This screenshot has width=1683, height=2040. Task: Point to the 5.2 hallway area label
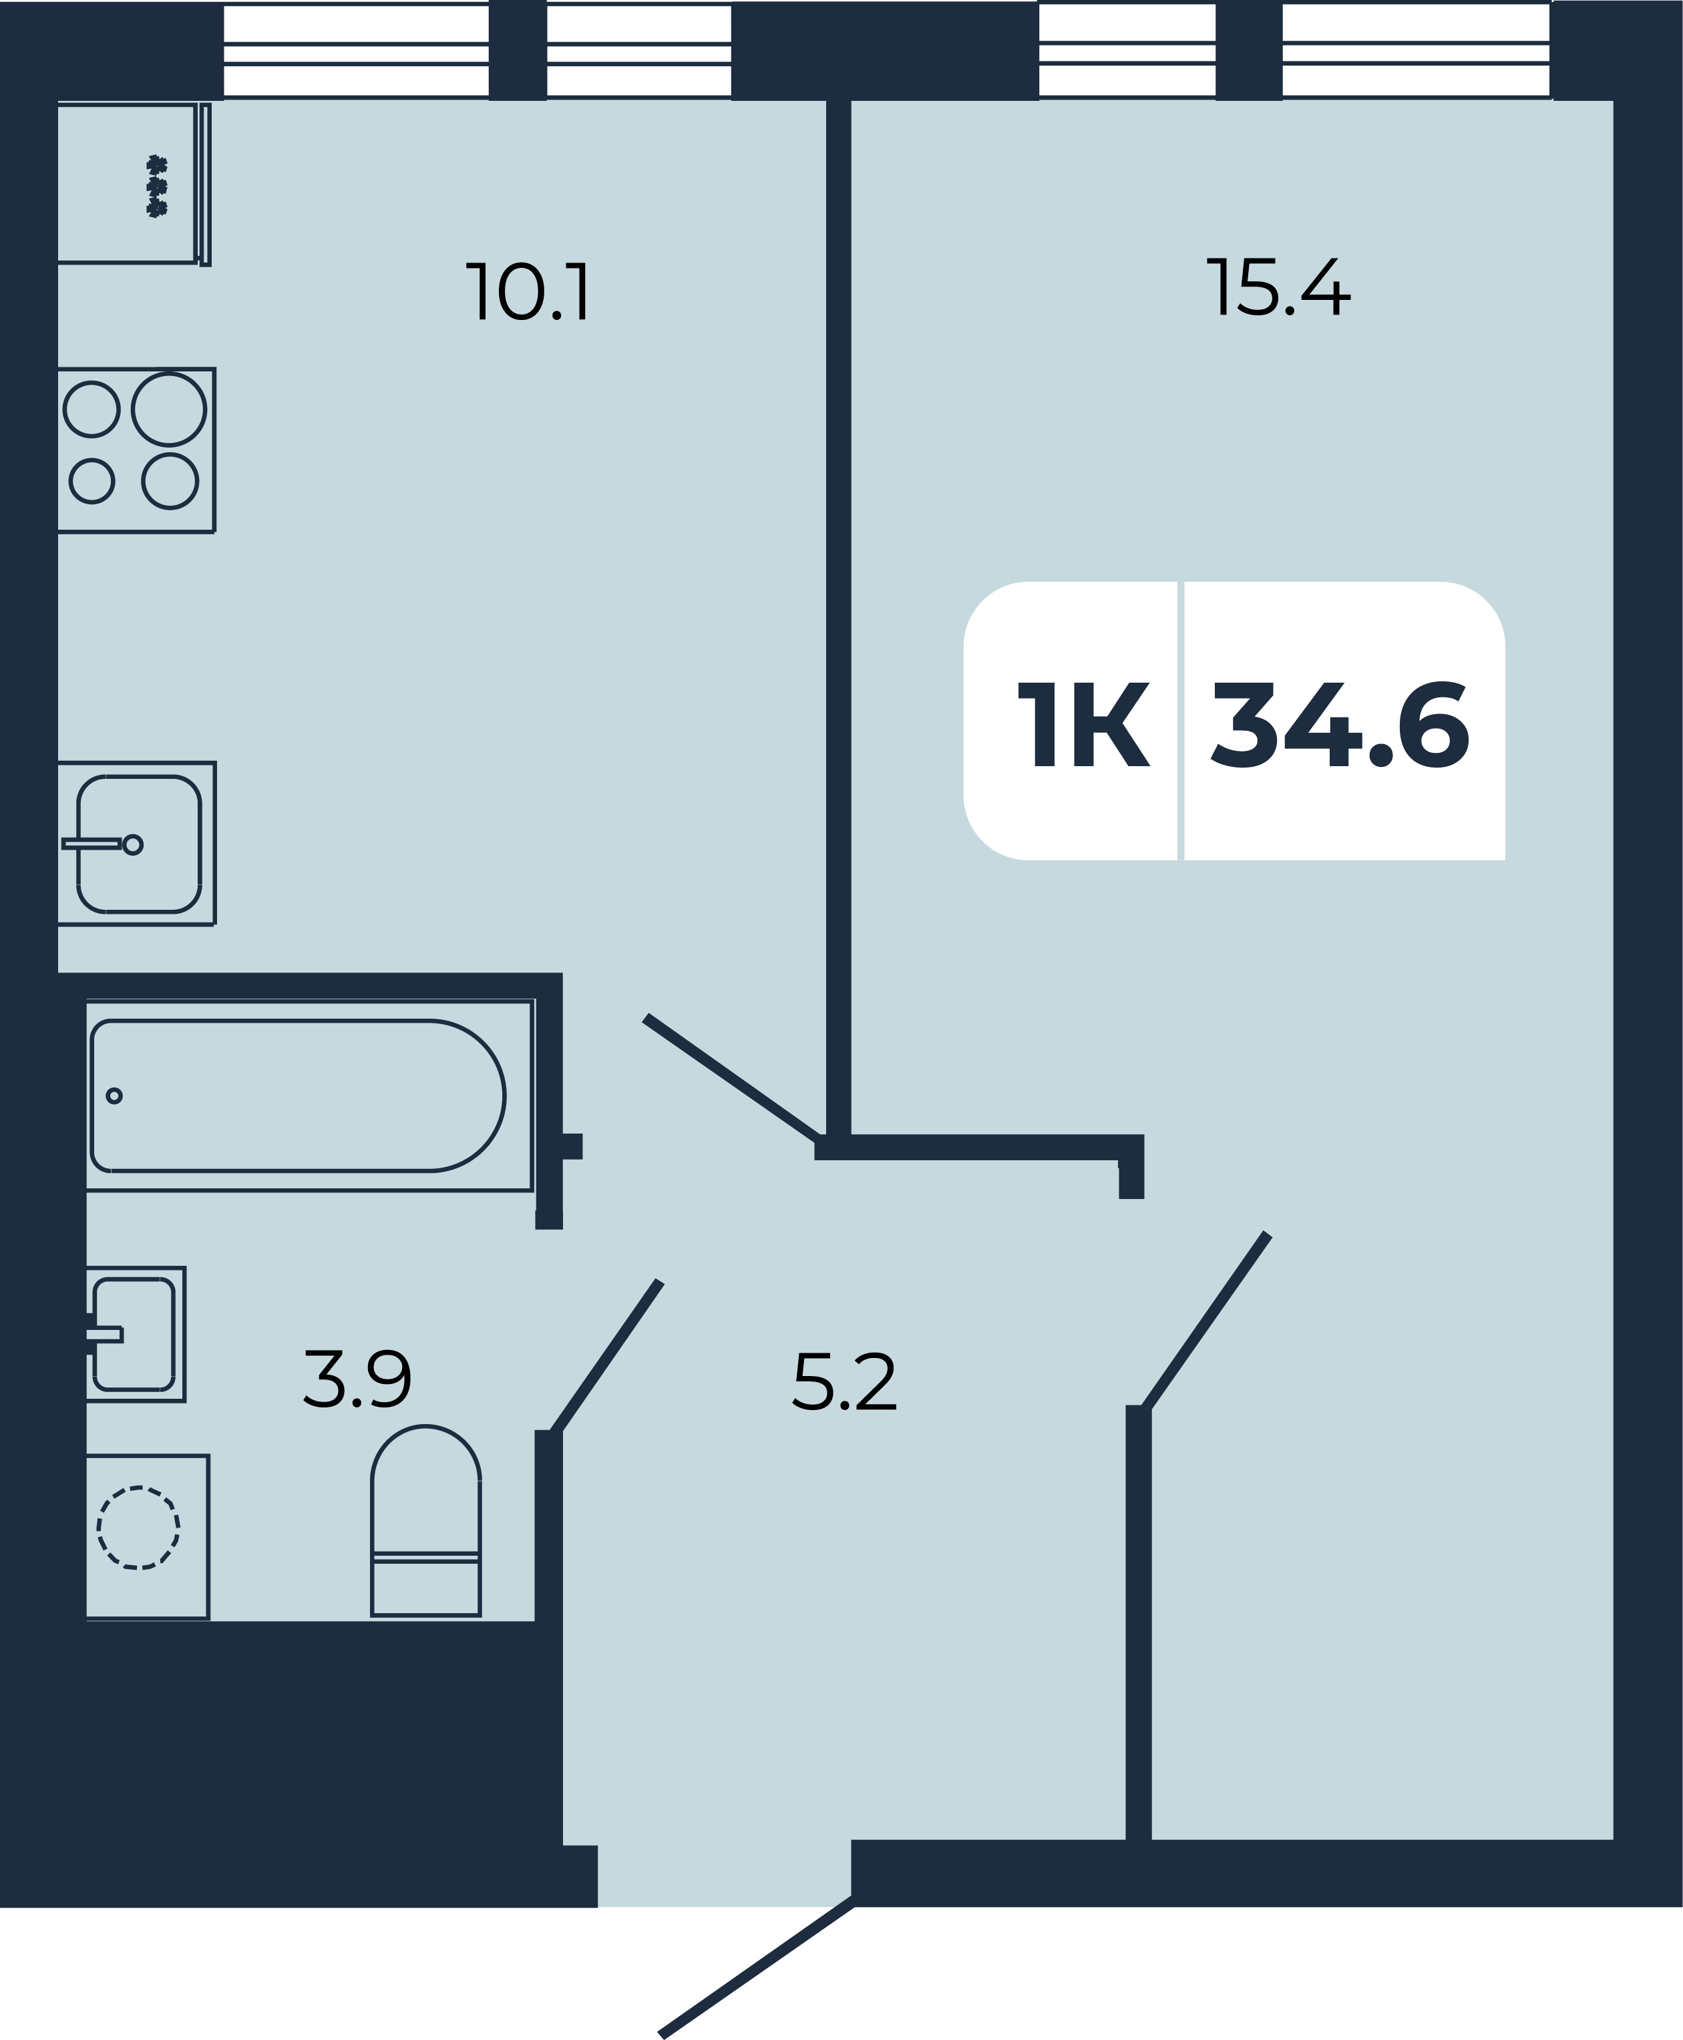[844, 1381]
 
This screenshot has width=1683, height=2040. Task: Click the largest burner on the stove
[169, 409]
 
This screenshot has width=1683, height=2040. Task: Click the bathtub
[298, 1095]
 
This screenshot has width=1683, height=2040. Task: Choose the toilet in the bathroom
[425, 1521]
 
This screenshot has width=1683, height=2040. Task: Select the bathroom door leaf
[606, 1357]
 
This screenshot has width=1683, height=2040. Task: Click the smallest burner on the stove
[92, 480]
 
